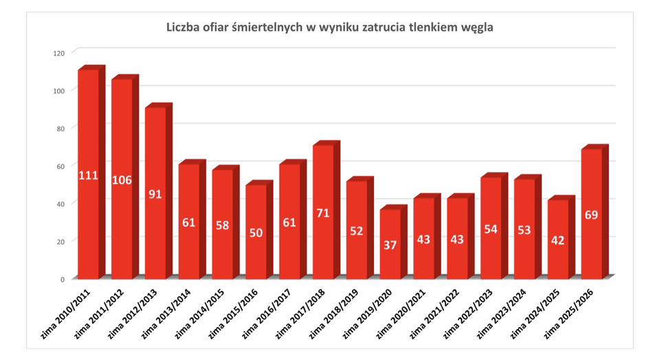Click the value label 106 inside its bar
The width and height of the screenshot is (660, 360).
click(122, 180)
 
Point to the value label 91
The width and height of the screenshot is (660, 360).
click(155, 194)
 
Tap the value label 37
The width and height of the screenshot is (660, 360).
click(390, 245)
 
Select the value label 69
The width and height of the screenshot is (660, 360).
click(592, 215)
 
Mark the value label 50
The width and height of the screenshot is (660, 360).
click(256, 232)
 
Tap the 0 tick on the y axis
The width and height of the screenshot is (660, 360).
click(62, 279)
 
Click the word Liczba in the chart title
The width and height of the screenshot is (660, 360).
click(184, 27)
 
